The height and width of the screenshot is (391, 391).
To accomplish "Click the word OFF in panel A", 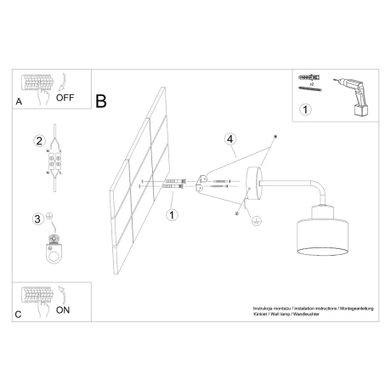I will pyautogui.click(x=65, y=97).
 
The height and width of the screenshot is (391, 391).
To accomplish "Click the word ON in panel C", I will pyautogui.click(x=63, y=310).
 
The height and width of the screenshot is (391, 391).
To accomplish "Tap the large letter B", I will pyautogui.click(x=101, y=100).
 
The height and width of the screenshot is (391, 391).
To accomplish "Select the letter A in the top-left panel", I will pyautogui.click(x=19, y=101).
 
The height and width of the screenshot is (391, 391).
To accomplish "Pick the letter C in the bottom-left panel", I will pyautogui.click(x=19, y=313).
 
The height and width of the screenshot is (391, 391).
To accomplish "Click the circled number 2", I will pyautogui.click(x=38, y=141).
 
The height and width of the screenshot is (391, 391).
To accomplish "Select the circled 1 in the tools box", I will pyautogui.click(x=305, y=109).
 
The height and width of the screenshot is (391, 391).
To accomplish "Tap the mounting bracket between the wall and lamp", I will pyautogui.click(x=203, y=182).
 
